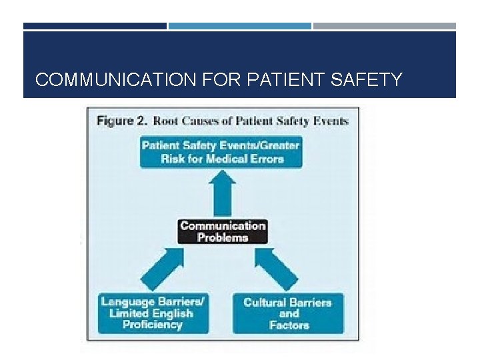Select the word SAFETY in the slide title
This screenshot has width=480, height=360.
(x=367, y=81)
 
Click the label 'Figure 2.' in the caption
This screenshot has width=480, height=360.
(x=123, y=121)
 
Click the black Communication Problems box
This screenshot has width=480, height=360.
(x=223, y=231)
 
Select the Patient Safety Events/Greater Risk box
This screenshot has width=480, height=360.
(x=221, y=152)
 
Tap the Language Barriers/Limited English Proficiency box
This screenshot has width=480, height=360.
(x=153, y=313)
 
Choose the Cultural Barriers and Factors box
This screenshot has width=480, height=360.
(x=288, y=313)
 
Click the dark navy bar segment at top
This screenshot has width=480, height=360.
(x=95, y=26)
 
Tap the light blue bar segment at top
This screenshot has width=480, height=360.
(x=239, y=26)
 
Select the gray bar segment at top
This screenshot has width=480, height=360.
(x=385, y=26)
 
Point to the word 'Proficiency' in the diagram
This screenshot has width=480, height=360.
(x=153, y=325)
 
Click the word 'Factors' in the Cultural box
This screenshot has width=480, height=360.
(x=289, y=325)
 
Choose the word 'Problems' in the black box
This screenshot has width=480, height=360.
(x=223, y=237)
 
